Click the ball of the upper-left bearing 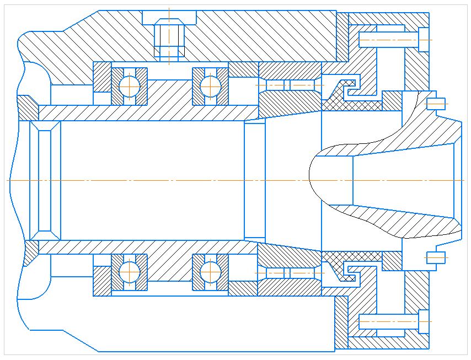130,85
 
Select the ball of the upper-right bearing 210,85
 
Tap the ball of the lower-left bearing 130,271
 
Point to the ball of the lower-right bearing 210,271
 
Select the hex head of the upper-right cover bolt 424,40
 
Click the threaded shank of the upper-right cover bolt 388,40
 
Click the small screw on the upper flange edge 436,103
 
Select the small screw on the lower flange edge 436,257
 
